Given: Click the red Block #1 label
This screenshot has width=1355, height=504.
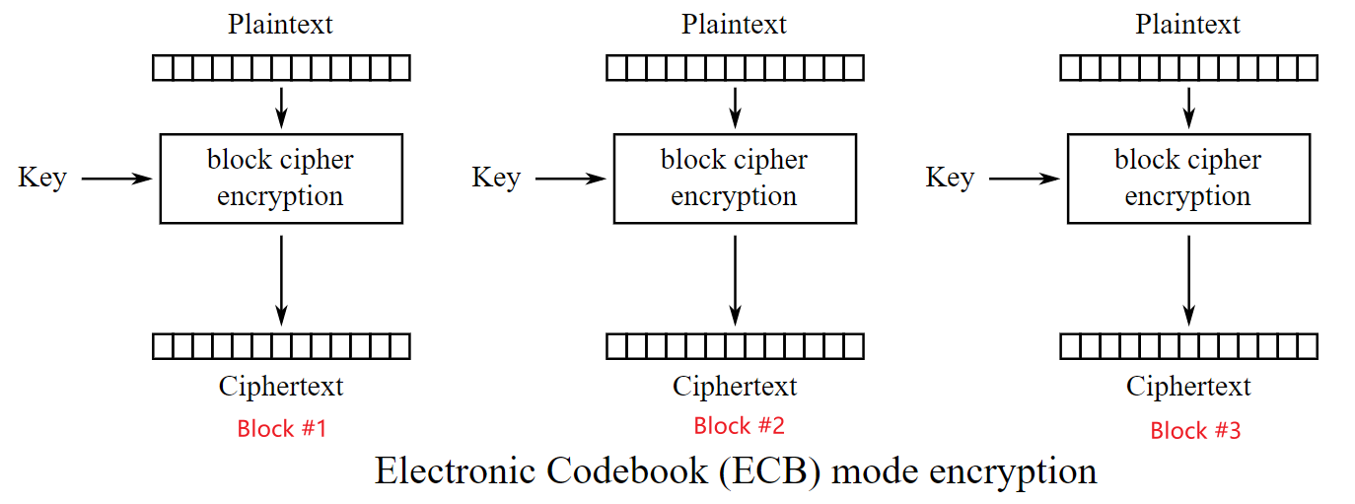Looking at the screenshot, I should pos(281,429).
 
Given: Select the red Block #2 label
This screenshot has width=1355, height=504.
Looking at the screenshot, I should pos(739,426).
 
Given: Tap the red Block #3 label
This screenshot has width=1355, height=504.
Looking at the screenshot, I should pos(1195,431).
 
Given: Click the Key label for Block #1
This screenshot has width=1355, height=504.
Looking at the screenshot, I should pos(42,179).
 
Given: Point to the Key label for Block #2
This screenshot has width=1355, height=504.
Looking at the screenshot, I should pos(496,179).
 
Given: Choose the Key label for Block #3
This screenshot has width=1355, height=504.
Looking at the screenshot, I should pos(950,179).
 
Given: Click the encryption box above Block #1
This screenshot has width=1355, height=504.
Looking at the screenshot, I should pos(281,179).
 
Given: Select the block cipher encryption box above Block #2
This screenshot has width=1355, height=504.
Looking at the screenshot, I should pos(735,179).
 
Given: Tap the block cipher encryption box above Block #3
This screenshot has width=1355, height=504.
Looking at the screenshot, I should pos(1188,179).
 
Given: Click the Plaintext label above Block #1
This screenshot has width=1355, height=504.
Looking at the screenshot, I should pos(281,25).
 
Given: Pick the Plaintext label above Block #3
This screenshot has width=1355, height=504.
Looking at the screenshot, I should pos(1188,25).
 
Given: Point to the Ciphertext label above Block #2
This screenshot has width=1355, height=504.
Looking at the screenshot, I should pos(735,387).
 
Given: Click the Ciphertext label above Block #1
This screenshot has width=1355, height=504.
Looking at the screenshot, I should pos(281,387).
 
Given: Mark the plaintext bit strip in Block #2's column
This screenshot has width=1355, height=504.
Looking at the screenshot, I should pos(735,68).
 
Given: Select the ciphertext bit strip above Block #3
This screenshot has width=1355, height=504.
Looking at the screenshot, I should pos(1188,346).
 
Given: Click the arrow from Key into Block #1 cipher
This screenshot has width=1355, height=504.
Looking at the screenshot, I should pos(116,179).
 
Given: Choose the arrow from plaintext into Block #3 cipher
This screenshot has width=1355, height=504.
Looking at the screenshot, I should pos(1188,107).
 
